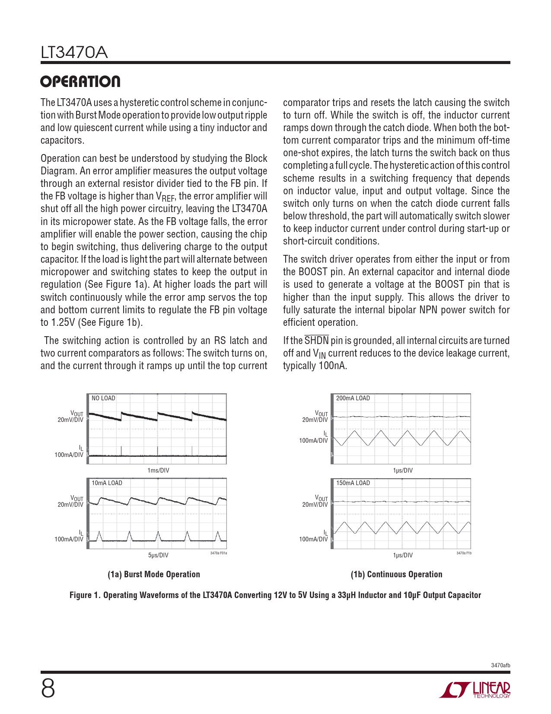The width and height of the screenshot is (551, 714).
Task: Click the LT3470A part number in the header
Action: (x=74, y=53)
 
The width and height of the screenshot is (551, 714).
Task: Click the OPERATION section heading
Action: (x=80, y=82)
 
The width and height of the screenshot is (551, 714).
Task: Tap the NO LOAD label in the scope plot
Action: (x=103, y=398)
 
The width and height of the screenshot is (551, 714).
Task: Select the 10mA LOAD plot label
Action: (x=107, y=483)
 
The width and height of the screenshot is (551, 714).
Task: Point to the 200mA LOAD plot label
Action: (x=353, y=398)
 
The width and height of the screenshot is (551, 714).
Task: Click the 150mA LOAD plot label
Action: (x=353, y=483)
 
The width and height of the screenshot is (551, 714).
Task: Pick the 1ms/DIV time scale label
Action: (x=158, y=470)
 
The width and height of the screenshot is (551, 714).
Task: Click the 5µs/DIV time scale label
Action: (x=158, y=555)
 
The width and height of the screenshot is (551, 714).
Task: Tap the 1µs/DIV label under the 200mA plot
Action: (x=403, y=470)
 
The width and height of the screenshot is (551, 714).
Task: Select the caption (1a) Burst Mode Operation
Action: (x=154, y=574)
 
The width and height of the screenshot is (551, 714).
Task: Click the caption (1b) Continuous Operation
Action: (x=396, y=574)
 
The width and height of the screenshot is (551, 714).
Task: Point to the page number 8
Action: (x=48, y=688)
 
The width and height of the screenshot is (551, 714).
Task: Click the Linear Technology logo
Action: (x=475, y=690)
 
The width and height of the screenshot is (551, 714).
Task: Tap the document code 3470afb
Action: (x=500, y=665)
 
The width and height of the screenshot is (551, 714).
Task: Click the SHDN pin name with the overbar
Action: (x=316, y=340)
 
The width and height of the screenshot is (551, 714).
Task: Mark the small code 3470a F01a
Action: (x=218, y=553)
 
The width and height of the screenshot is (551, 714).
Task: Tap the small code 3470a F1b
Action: (x=464, y=553)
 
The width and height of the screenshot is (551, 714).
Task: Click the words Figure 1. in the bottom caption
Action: (x=85, y=595)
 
